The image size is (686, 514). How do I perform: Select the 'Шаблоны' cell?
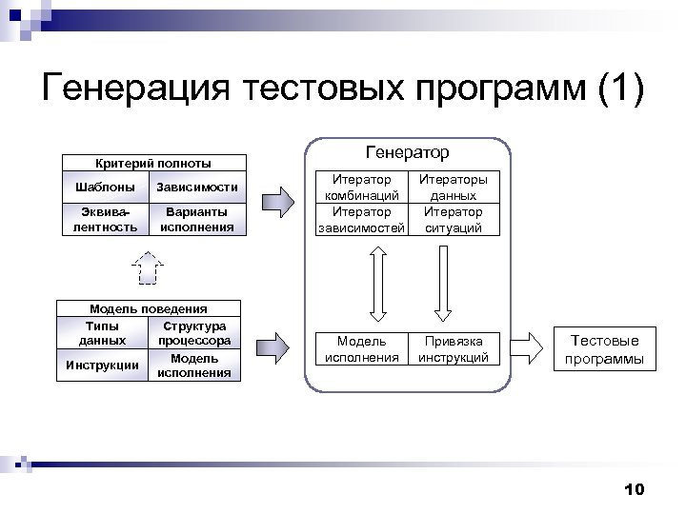105,186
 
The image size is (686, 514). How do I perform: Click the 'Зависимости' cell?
196,186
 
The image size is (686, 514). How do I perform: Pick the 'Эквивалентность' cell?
105,220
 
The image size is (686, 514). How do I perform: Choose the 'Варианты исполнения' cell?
196,220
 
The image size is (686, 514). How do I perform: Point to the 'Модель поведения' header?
149,308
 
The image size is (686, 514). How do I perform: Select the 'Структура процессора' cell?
194,332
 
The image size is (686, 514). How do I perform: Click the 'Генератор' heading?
408,152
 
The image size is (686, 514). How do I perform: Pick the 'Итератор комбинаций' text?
361,187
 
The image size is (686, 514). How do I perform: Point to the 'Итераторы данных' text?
454,187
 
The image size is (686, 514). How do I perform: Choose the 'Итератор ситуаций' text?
454,220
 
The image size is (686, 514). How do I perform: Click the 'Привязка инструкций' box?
454,349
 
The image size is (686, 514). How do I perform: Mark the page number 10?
634,489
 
